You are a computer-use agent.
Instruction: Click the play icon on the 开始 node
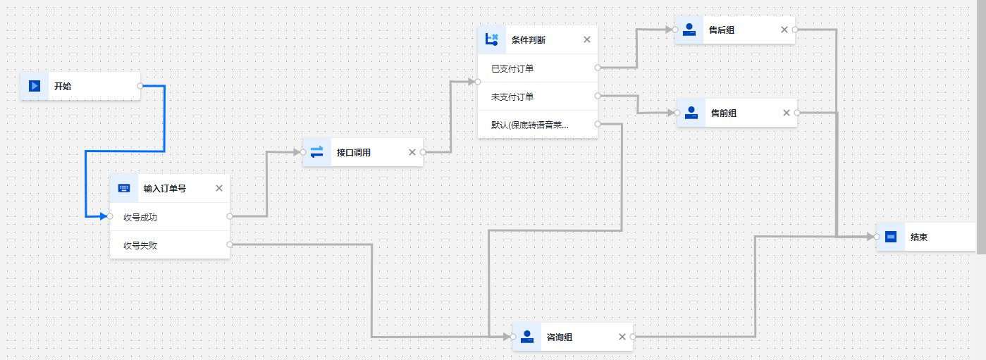coord(34,86)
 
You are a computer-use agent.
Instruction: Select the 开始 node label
coord(63,86)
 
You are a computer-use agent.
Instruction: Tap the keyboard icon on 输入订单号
coord(124,188)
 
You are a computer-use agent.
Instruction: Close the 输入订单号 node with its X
coord(218,188)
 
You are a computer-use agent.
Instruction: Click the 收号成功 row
coord(140,217)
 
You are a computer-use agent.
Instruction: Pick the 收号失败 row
coord(140,245)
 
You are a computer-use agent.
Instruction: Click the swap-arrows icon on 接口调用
coord(316,152)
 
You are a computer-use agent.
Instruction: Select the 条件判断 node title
coord(528,40)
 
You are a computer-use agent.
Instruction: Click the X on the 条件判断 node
coord(587,39)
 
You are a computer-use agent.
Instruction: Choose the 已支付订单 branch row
coord(512,68)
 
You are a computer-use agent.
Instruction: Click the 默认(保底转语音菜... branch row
coord(530,125)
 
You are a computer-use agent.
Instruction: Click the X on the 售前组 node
coord(787,113)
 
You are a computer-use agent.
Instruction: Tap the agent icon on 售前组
coord(691,113)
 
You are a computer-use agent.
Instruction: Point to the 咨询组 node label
coord(560,337)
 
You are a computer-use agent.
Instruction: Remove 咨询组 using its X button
coord(622,337)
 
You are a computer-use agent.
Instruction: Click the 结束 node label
coord(919,237)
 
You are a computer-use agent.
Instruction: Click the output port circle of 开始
coord(140,86)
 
